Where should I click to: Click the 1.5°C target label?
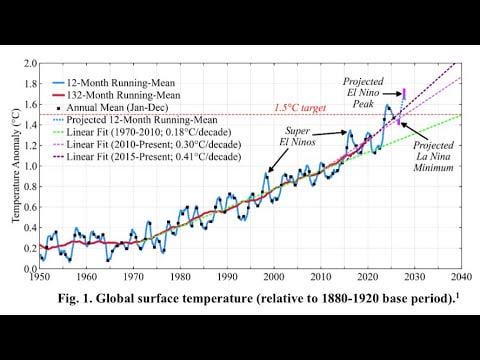pyautogui.click(x=300, y=108)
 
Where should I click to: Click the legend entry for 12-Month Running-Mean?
pyautogui.click(x=113, y=83)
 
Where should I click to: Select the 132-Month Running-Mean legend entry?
pyautogui.click(x=116, y=95)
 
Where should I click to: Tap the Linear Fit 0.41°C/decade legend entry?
pyautogui.click(x=147, y=157)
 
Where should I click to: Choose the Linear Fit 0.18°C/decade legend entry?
pyautogui.click(x=142, y=132)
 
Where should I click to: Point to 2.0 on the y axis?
pyautogui.click(x=30, y=63)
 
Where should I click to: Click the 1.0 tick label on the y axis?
pyautogui.click(x=30, y=166)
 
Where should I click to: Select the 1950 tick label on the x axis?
pyautogui.click(x=40, y=277)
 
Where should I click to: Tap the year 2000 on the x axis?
pyautogui.click(x=274, y=277)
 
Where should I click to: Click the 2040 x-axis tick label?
pyautogui.click(x=461, y=277)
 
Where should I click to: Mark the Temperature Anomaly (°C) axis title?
pyautogui.click(x=16, y=165)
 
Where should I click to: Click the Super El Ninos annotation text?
pyautogui.click(x=297, y=136)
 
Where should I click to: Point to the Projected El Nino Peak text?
pyautogui.click(x=363, y=92)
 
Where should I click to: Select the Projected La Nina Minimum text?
pyautogui.click(x=433, y=156)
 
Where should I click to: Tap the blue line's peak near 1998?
pyautogui.click(x=266, y=172)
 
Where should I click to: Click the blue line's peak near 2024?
pyautogui.click(x=387, y=105)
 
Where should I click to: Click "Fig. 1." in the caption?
pyautogui.click(x=75, y=298)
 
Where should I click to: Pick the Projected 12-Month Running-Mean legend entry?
pyautogui.click(x=135, y=120)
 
